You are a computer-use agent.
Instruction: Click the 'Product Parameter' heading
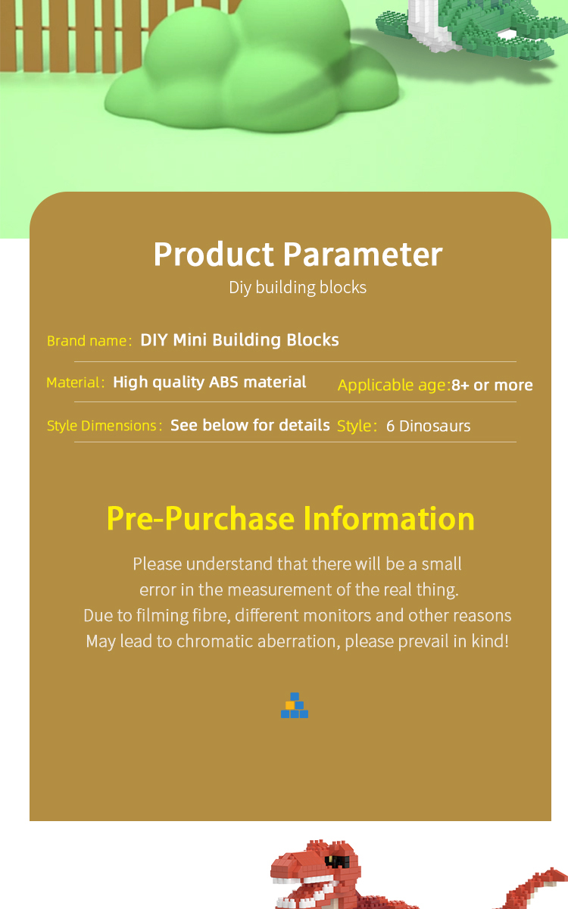(x=298, y=255)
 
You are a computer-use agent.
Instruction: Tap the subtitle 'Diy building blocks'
(x=298, y=288)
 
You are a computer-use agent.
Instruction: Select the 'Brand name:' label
(x=89, y=341)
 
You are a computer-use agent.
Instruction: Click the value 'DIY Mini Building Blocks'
(x=239, y=340)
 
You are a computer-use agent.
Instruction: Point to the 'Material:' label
(x=76, y=383)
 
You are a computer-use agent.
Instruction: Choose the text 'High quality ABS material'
(x=209, y=383)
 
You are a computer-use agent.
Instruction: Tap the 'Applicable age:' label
(x=394, y=385)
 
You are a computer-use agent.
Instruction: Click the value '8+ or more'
(x=492, y=385)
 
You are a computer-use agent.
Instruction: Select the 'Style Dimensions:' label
(x=105, y=426)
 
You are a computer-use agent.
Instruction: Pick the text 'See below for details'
(x=250, y=425)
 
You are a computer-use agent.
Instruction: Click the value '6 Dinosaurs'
(x=428, y=426)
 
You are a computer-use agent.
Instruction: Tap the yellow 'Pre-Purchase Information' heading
(x=291, y=519)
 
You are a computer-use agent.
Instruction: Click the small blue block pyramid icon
(x=295, y=705)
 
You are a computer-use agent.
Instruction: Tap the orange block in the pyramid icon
(x=290, y=705)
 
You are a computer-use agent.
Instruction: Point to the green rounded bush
(x=251, y=69)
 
